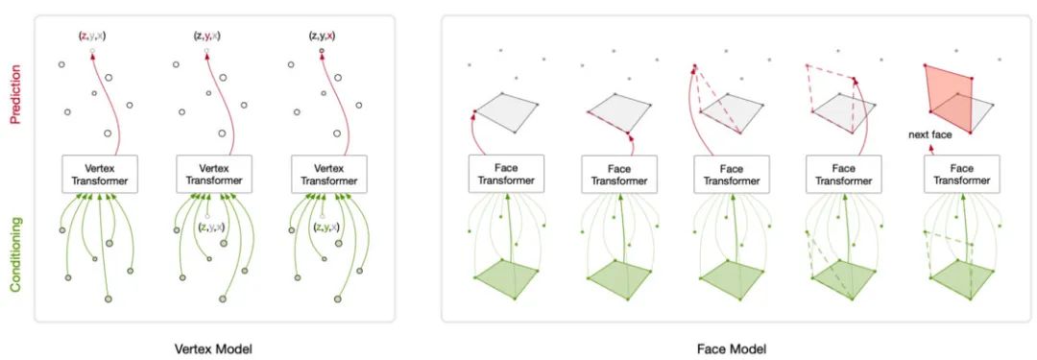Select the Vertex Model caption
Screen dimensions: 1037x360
click(213, 348)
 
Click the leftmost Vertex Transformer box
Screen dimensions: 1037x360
click(99, 174)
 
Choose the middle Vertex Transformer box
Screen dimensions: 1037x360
click(213, 174)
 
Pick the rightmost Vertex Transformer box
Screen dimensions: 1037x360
click(328, 174)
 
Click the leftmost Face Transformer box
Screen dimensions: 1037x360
click(505, 174)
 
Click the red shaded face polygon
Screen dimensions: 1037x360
click(949, 98)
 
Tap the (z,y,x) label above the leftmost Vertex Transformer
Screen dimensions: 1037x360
click(92, 36)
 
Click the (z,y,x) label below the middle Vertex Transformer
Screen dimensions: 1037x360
click(211, 227)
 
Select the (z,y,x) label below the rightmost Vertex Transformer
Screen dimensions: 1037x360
click(326, 227)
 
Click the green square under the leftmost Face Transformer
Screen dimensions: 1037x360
click(505, 278)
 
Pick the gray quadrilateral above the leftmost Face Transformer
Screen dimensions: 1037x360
click(506, 112)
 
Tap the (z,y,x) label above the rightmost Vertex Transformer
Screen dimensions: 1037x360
click(322, 36)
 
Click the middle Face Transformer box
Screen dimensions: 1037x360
click(732, 174)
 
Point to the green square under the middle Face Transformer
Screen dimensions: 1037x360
click(732, 278)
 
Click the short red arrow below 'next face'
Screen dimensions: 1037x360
click(931, 150)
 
